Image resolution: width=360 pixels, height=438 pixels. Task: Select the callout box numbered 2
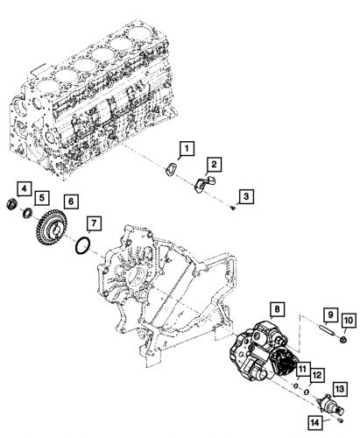click(x=213, y=164)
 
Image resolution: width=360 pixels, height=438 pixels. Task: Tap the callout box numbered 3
click(x=249, y=197)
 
